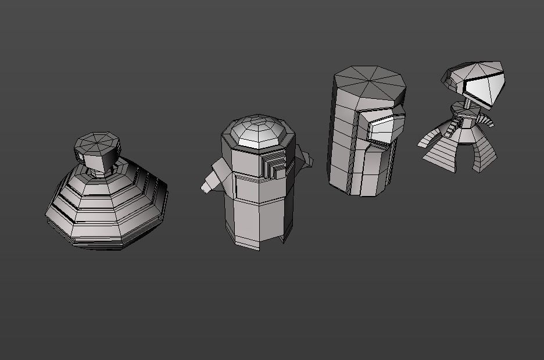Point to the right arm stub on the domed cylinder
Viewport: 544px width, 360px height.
303,158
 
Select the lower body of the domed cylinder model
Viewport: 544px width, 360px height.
256,218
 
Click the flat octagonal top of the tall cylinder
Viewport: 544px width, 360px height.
370,82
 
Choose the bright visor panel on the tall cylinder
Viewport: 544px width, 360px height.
386,128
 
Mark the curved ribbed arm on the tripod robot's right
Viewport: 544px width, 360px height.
486,120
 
